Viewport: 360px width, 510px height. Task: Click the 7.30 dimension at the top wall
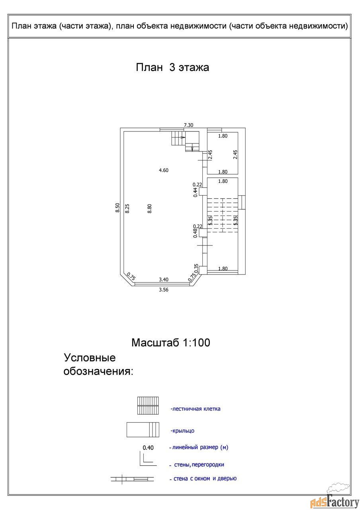click(x=188, y=125)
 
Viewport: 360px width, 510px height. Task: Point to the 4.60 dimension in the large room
click(x=164, y=170)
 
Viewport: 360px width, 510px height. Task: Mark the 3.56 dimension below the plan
click(x=164, y=290)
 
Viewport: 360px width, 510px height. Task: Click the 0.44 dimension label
click(x=196, y=192)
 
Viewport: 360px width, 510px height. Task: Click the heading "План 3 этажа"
click(x=172, y=67)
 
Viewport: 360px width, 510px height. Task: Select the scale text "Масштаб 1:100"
click(x=170, y=343)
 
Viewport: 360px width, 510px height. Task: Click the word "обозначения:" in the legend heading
click(x=98, y=371)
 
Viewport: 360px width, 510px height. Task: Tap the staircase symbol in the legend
click(x=148, y=406)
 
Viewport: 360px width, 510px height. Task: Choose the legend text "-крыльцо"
click(x=182, y=431)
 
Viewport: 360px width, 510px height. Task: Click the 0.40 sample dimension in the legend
click(x=148, y=447)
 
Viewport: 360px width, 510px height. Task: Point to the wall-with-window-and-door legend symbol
click(x=132, y=479)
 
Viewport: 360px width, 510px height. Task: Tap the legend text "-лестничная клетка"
click(x=195, y=409)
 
